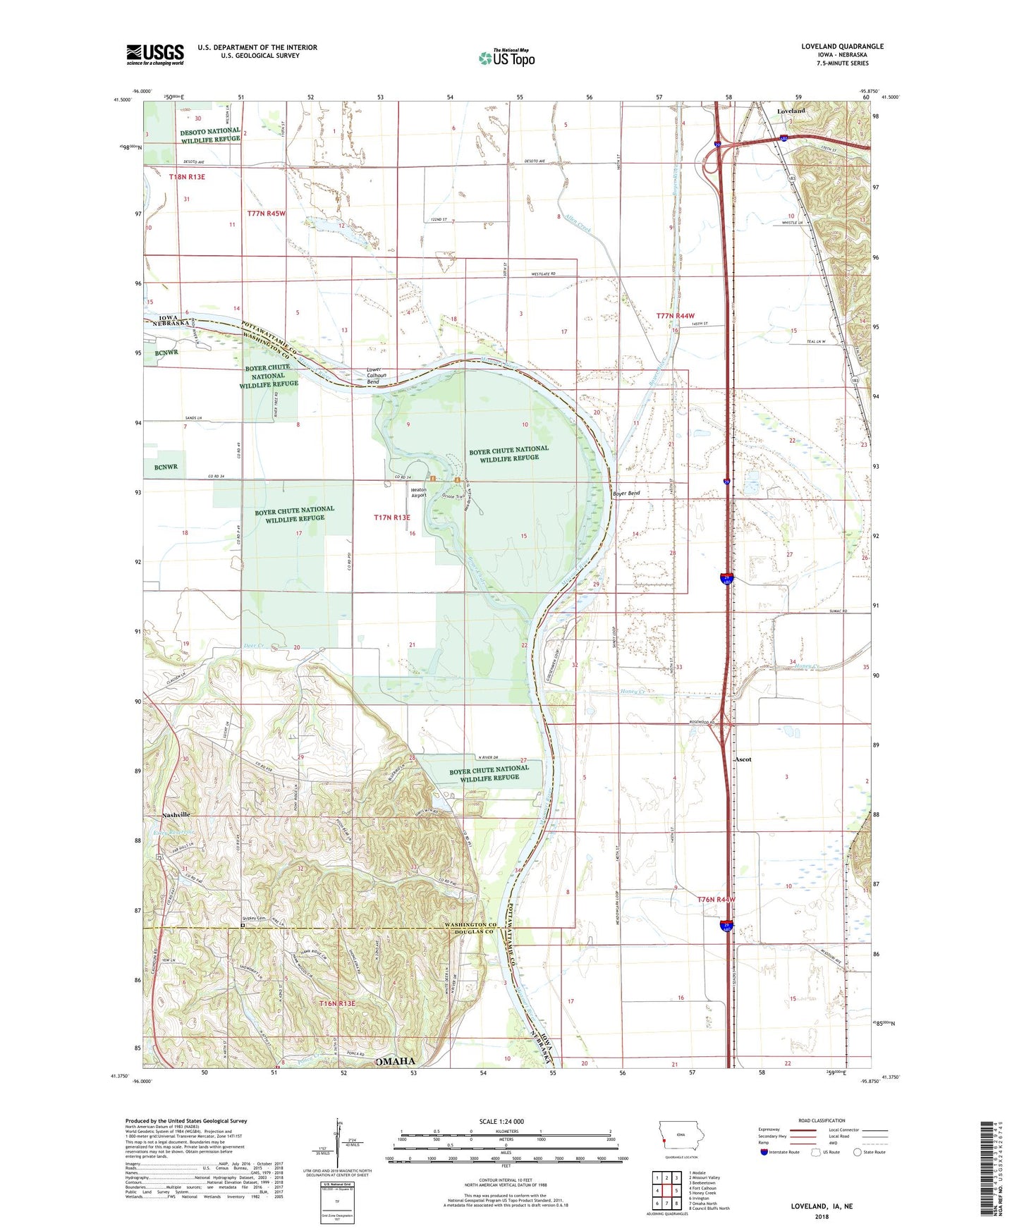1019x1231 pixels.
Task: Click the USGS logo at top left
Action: [155, 54]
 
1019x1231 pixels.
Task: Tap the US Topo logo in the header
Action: [506, 58]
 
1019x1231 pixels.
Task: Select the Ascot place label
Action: [743, 759]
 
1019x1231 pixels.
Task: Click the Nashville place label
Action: [176, 815]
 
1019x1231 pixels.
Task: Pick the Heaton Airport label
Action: [419, 493]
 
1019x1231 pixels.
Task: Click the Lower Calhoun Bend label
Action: [374, 376]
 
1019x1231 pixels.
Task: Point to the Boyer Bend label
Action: [626, 494]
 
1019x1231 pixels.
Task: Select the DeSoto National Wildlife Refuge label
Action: [210, 135]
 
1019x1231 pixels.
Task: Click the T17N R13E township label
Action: [391, 517]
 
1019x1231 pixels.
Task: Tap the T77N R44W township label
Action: [675, 316]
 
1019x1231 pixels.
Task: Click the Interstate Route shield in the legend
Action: [764, 1152]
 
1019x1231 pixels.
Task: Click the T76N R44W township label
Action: [716, 900]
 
